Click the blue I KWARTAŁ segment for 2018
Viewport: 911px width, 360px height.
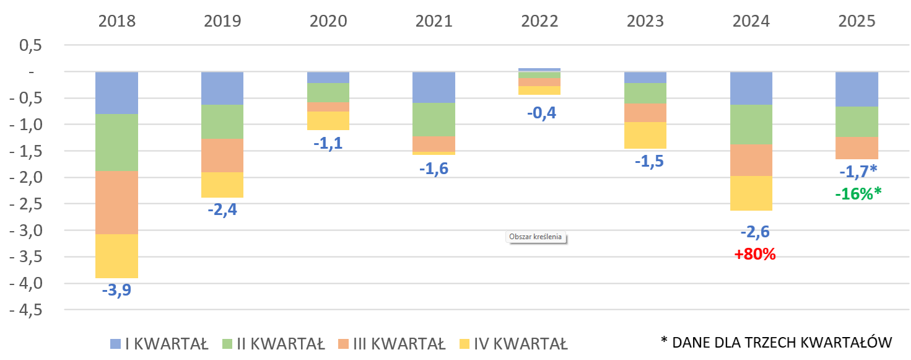click(x=116, y=93)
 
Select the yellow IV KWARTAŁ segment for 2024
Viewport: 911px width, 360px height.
click(x=751, y=193)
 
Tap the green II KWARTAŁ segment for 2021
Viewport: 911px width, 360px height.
click(x=434, y=119)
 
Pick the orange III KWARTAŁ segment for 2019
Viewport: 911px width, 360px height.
click(x=222, y=155)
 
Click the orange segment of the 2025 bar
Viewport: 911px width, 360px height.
click(x=857, y=148)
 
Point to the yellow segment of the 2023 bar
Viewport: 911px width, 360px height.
click(x=645, y=135)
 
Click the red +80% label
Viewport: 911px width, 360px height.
click(x=755, y=254)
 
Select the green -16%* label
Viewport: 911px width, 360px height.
click(x=858, y=193)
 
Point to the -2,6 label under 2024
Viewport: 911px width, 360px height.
click(x=756, y=232)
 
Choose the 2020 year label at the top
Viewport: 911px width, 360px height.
click(x=328, y=21)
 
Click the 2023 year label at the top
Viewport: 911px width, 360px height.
click(x=645, y=21)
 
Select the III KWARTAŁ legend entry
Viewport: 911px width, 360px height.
click(x=391, y=343)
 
